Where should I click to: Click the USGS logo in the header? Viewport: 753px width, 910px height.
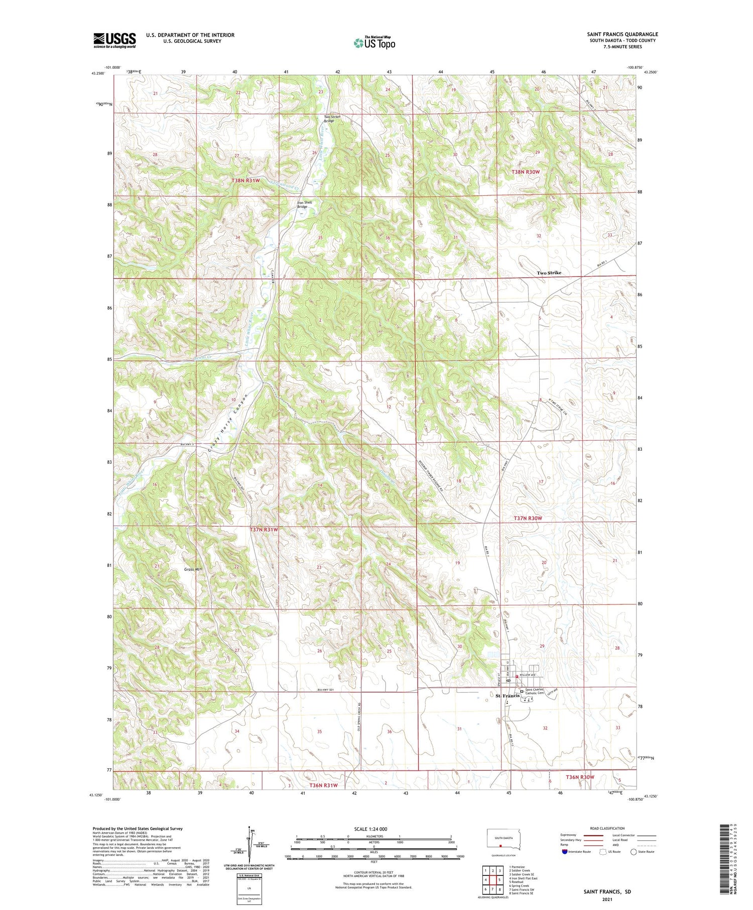pyautogui.click(x=114, y=40)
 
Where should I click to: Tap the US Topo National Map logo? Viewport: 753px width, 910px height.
pyautogui.click(x=374, y=43)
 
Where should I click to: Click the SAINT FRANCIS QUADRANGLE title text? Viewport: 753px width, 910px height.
pyautogui.click(x=622, y=34)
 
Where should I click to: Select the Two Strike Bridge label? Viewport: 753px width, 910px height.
pyautogui.click(x=332, y=118)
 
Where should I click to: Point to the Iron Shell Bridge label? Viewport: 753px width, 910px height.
pyautogui.click(x=304, y=204)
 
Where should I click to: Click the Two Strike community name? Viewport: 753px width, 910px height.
pyautogui.click(x=549, y=273)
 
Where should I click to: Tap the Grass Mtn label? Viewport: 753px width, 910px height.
pyautogui.click(x=193, y=569)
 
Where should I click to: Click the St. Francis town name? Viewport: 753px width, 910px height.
pyautogui.click(x=507, y=696)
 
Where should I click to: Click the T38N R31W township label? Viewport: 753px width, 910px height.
pyautogui.click(x=246, y=180)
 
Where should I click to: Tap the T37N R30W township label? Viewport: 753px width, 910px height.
pyautogui.click(x=528, y=517)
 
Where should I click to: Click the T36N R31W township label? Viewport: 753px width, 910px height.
pyautogui.click(x=323, y=785)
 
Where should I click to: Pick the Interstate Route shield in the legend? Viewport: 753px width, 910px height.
pyautogui.click(x=565, y=851)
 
